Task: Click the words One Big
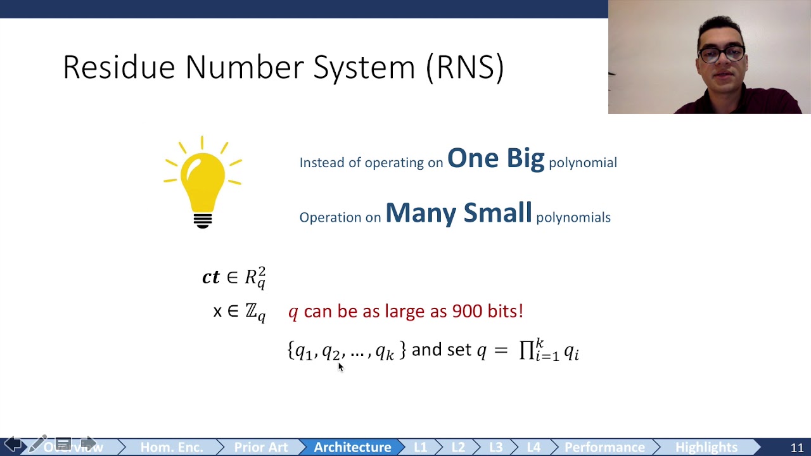pos(495,158)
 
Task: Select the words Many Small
pos(458,213)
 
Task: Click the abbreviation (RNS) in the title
pos(465,67)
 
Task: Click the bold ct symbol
pos(211,277)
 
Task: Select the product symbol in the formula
pos(527,350)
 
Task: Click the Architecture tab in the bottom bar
pos(352,447)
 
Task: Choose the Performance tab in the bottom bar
pos(604,447)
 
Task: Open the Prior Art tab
pos(260,447)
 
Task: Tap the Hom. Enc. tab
pos(172,447)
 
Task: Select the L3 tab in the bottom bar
pos(495,447)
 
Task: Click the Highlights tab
pos(706,447)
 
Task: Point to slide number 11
pos(797,448)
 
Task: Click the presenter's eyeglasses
pos(722,54)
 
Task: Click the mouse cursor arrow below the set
pos(340,367)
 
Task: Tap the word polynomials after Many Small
pos(573,217)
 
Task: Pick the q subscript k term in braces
pos(385,351)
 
